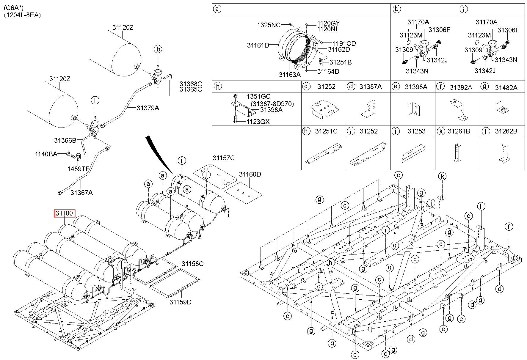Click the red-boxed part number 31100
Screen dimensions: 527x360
pyautogui.click(x=65, y=213)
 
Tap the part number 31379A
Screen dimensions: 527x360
pyautogui.click(x=148, y=108)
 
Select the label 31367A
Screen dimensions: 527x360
pyautogui.click(x=81, y=193)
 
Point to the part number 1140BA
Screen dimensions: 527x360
pyautogui.click(x=46, y=154)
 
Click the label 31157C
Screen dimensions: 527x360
pyautogui.click(x=224, y=158)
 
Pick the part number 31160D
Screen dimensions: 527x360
pyautogui.click(x=250, y=174)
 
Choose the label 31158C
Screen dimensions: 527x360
pyautogui.click(x=193, y=264)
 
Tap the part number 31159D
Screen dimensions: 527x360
pyautogui.click(x=181, y=302)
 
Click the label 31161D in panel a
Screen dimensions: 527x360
pyautogui.click(x=258, y=45)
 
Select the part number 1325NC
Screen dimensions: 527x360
pyautogui.click(x=269, y=25)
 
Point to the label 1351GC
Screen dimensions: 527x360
pyautogui.click(x=258, y=96)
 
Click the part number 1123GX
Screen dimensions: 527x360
pyautogui.click(x=258, y=122)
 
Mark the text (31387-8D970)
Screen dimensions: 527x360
pyautogui.click(x=272, y=104)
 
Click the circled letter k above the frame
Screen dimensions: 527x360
pyautogui.click(x=443, y=176)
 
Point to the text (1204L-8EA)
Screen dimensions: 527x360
pyautogui.click(x=22, y=15)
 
